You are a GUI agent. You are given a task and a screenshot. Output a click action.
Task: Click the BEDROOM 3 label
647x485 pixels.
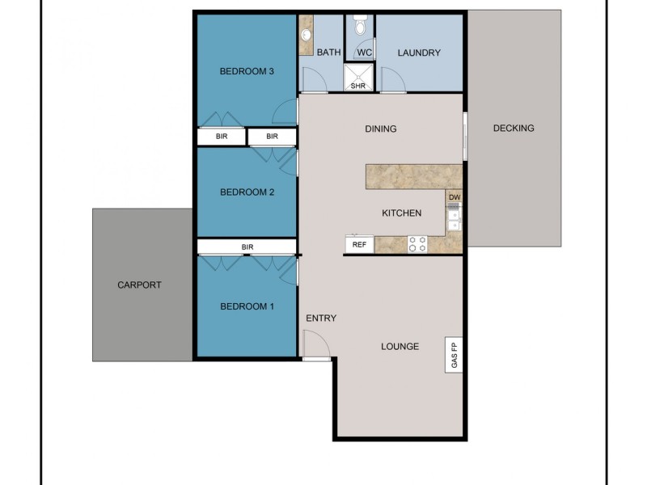pos(247,71)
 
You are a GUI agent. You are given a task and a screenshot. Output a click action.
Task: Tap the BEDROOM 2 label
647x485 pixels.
pos(247,192)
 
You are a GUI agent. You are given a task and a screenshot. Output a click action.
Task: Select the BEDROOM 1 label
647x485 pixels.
pos(247,306)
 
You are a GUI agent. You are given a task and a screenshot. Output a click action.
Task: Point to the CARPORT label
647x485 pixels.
pos(139,285)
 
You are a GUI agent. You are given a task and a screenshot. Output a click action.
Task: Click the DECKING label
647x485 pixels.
pos(513,128)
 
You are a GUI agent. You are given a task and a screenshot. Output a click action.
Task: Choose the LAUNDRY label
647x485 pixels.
pos(419,53)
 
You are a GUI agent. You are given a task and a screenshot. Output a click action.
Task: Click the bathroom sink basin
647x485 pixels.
pos(307,35)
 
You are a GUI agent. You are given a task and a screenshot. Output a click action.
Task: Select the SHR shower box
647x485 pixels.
pos(357,78)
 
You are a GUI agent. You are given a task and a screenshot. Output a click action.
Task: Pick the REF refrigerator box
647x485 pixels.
pos(359,244)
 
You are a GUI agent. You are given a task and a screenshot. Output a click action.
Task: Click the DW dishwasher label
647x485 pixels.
pos(455,197)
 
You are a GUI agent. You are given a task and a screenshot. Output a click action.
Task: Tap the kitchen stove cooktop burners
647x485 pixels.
pos(417,244)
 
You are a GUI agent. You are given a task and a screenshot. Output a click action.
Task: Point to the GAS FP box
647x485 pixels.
pos(454,353)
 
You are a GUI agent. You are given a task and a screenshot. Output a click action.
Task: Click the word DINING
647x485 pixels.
pos(380,129)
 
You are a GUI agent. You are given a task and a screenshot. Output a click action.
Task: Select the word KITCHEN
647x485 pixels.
pos(401,213)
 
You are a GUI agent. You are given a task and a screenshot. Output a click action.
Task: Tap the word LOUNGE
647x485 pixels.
pos(400,347)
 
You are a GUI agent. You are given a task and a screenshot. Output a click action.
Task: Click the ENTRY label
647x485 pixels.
pos(321,318)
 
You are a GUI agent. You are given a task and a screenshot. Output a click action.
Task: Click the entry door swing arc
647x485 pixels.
pos(317,345)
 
